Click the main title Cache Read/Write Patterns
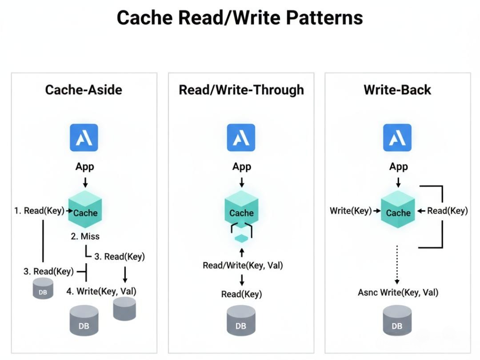(x=240, y=18)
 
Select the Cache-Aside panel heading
(x=84, y=90)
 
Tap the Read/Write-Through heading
(x=241, y=90)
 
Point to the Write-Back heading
(x=397, y=90)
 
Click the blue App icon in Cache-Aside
(x=84, y=138)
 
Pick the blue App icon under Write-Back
(x=397, y=138)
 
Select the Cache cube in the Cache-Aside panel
(x=85, y=210)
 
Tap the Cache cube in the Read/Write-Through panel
(x=241, y=210)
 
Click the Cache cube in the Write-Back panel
(x=398, y=210)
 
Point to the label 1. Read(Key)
(x=39, y=210)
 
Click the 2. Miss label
(x=85, y=236)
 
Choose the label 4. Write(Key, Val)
(x=101, y=292)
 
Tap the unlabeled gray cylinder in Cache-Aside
(x=124, y=308)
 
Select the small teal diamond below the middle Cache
(x=241, y=239)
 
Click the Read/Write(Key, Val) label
(x=243, y=265)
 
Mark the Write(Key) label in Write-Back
(x=350, y=210)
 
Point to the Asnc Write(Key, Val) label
(x=398, y=292)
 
